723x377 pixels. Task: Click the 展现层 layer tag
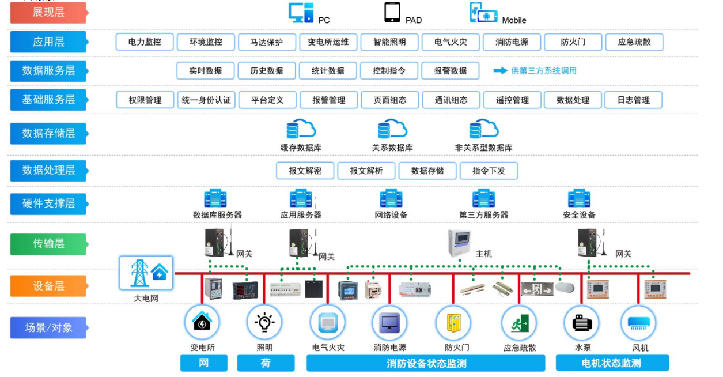click(x=48, y=12)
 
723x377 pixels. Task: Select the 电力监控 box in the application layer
click(x=145, y=42)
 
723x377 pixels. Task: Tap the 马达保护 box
click(x=267, y=42)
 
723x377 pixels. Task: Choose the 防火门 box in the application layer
click(x=573, y=42)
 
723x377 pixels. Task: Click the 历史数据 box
click(x=267, y=71)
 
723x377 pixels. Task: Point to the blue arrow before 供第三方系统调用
click(x=499, y=71)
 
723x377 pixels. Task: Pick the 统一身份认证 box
click(x=206, y=100)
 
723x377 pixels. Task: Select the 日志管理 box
click(x=633, y=100)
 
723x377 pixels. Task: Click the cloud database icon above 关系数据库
click(x=392, y=129)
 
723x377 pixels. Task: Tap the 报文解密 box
click(x=305, y=171)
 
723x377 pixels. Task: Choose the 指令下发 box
click(x=489, y=171)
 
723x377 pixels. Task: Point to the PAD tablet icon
click(x=392, y=12)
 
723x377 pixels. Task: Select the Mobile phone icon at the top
click(x=483, y=13)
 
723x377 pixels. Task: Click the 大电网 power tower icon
click(x=146, y=273)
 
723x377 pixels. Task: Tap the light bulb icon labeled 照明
click(x=264, y=323)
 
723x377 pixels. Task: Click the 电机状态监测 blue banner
click(x=612, y=363)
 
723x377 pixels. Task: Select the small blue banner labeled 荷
click(x=266, y=363)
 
